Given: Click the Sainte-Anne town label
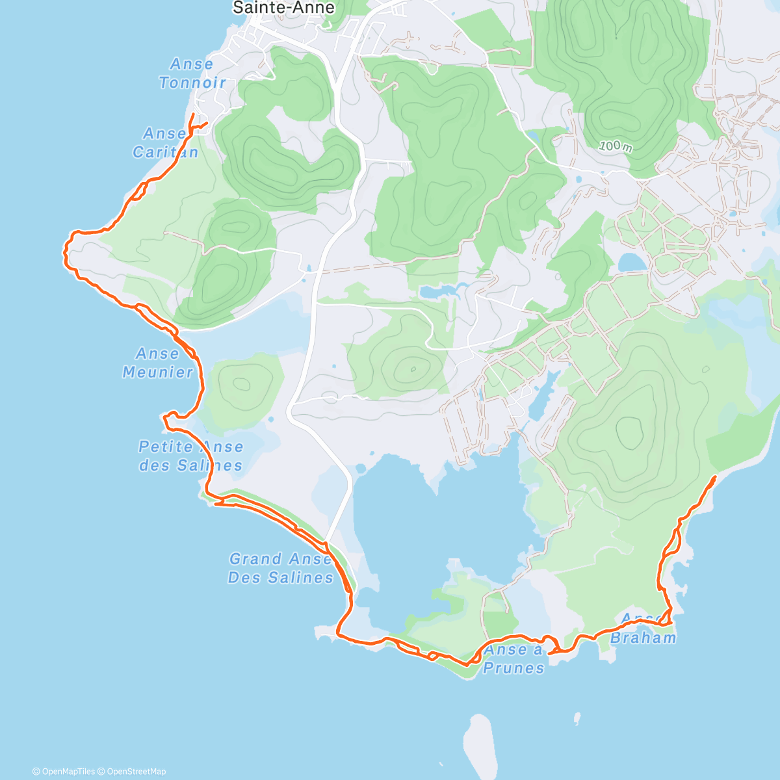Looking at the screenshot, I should (x=283, y=8).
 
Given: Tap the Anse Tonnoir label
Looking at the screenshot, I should (x=192, y=73).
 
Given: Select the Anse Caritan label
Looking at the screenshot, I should (x=166, y=142).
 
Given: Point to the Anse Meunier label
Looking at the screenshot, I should (x=157, y=363).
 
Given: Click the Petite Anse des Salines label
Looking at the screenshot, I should (x=190, y=456).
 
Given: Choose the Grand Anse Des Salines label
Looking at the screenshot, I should (x=280, y=568).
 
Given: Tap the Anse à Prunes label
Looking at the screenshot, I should (x=513, y=658).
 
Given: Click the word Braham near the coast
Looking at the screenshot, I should (x=643, y=638).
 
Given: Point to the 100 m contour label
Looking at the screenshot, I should (x=616, y=147).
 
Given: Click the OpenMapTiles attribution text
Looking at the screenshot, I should (x=63, y=772).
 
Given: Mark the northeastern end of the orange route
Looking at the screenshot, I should (x=715, y=478).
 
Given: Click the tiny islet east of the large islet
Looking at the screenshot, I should (x=577, y=718).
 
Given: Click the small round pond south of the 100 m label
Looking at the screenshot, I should (x=630, y=263).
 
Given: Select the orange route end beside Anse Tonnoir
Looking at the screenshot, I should (x=192, y=114).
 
